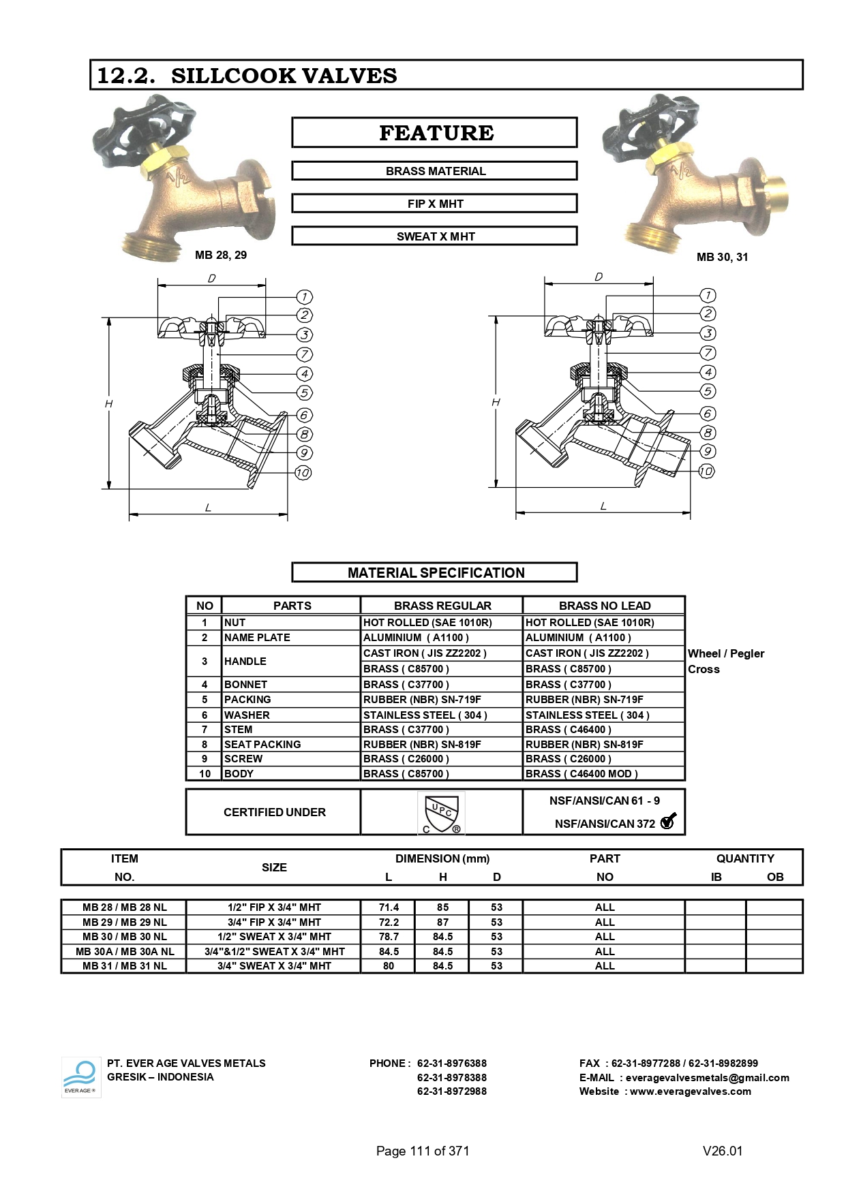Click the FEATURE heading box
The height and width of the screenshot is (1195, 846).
coord(434,132)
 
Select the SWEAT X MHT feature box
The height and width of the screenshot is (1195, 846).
coord(434,236)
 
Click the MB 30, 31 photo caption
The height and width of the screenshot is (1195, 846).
coord(722,257)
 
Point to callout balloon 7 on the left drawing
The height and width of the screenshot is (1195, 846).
coord(304,354)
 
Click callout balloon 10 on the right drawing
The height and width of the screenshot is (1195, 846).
coord(707,471)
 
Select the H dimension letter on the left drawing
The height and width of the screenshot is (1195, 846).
coord(108,404)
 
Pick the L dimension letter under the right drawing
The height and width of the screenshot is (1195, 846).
coord(603,506)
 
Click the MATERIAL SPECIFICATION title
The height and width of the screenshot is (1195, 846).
coord(435,573)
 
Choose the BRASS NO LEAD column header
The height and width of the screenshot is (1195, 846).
coord(604,606)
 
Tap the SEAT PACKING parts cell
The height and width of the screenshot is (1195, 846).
coord(262,745)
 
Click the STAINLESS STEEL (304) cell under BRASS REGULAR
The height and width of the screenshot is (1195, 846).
coord(425,715)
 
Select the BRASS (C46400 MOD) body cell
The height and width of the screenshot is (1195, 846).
coord(581,774)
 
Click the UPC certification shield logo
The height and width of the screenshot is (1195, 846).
coord(441,812)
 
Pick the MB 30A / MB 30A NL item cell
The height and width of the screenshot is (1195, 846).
coord(125,952)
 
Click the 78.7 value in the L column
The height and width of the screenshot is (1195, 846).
coord(389,937)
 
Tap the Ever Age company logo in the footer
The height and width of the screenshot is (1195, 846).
coord(80,1077)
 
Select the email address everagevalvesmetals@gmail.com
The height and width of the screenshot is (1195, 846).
coord(707,1078)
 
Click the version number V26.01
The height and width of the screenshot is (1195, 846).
coord(723,1151)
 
